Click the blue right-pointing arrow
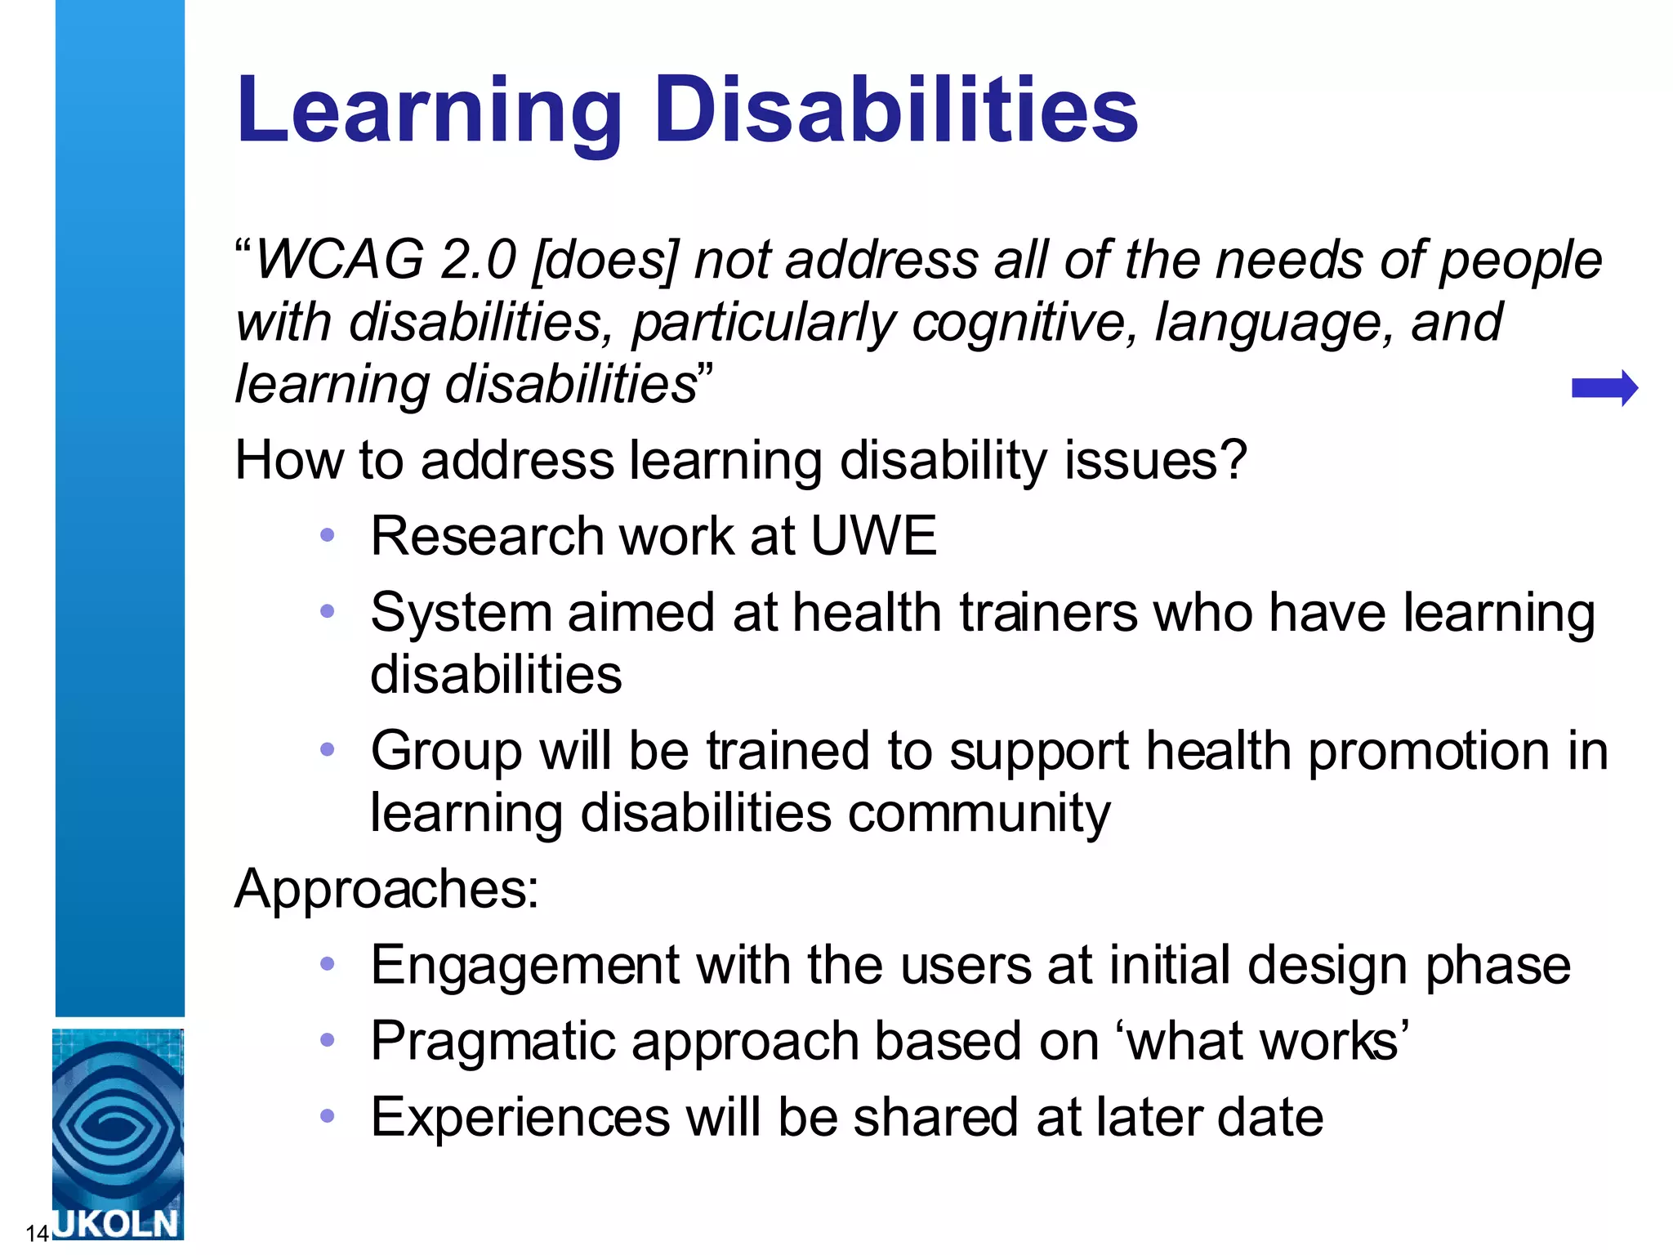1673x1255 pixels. (1604, 388)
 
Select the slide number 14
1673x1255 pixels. (37, 1233)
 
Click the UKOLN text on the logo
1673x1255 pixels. (117, 1222)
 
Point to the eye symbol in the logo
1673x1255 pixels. (117, 1123)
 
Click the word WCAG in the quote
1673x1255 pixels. (340, 260)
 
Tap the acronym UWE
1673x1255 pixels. (873, 536)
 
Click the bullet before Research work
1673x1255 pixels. (328, 536)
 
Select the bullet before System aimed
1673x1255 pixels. (328, 611)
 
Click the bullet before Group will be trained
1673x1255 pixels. (328, 749)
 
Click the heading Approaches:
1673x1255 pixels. (386, 888)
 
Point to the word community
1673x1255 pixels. (979, 814)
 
